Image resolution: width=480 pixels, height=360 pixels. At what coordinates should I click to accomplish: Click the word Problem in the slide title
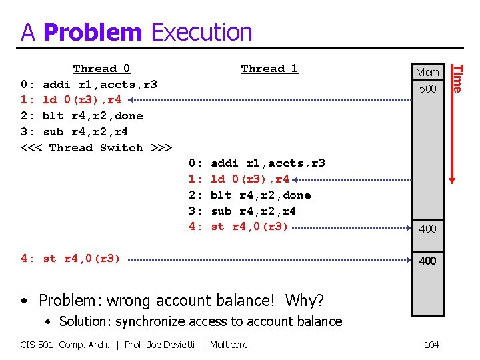93,32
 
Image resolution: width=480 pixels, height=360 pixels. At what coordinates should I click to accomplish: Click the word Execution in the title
202,32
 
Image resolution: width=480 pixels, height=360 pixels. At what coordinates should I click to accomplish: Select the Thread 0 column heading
102,69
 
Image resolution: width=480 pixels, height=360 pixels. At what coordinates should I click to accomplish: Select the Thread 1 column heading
269,69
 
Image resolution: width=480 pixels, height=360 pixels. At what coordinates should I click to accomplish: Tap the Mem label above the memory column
427,72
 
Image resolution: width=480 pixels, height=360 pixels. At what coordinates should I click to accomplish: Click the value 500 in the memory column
427,89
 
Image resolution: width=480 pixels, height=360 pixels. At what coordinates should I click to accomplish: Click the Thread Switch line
97,147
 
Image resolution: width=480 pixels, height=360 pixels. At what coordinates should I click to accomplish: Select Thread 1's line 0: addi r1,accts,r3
257,163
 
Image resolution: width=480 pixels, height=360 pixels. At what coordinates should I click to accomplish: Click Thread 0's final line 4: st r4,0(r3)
71,259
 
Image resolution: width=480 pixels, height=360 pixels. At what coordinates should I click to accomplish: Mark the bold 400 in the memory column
427,261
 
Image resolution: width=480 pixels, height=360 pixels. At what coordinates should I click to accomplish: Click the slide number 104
431,345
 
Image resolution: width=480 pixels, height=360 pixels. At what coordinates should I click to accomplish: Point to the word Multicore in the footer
229,345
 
